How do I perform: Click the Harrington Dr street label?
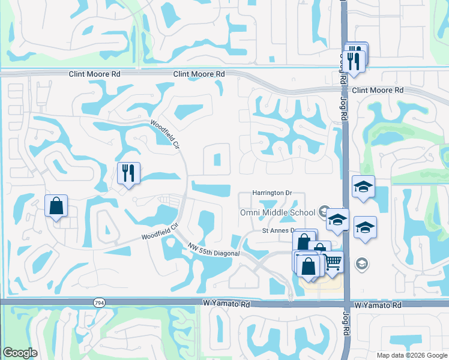(271, 193)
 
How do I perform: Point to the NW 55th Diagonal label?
(213, 250)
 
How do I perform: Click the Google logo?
(20, 352)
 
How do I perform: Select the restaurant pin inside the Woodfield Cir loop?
(128, 174)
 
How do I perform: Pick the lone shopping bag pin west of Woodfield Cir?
(56, 206)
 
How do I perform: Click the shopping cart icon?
(333, 262)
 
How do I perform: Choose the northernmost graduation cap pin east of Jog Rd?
(363, 187)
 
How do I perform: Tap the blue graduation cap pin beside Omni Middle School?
(337, 220)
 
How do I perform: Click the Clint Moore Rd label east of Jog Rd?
(378, 90)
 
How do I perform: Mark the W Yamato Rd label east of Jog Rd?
(378, 305)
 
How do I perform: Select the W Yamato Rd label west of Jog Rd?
(226, 305)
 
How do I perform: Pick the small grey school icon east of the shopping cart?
(361, 263)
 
